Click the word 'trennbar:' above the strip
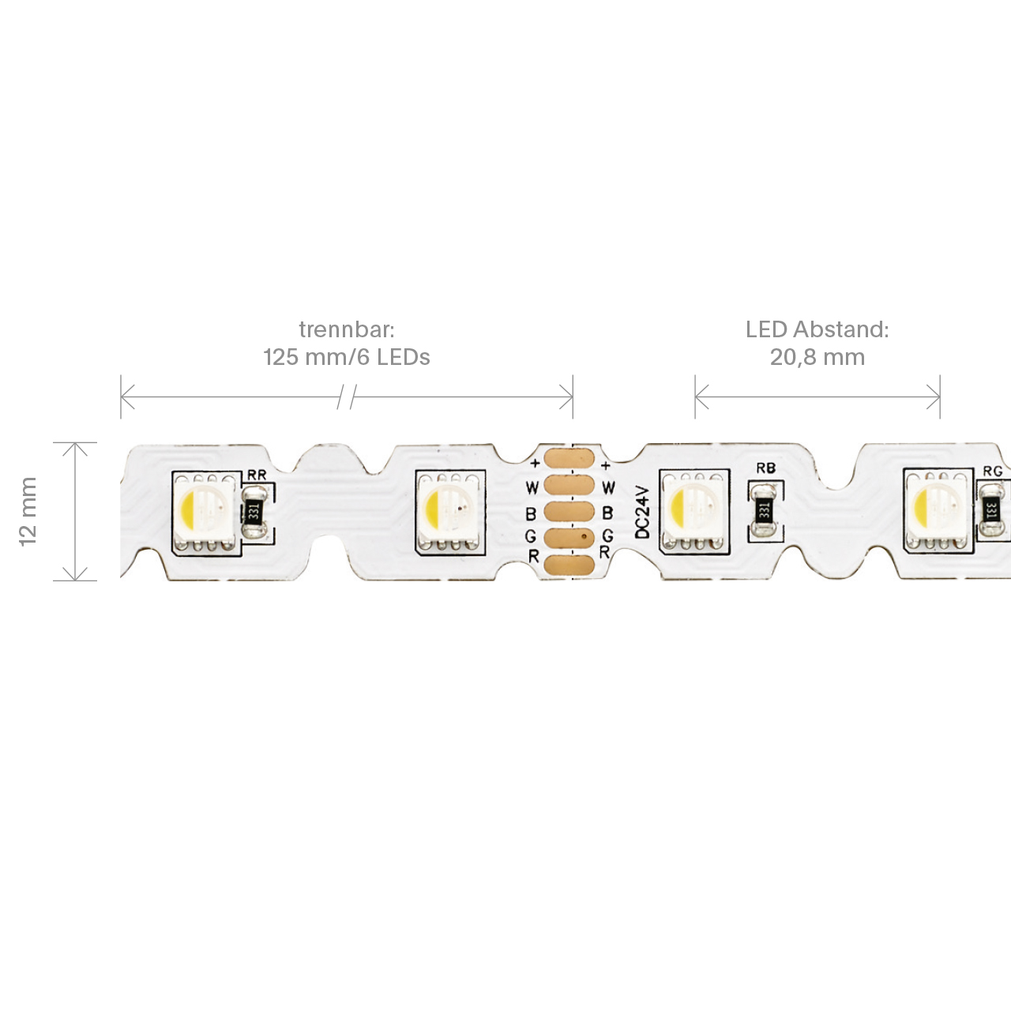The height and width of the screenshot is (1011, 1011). pos(346,330)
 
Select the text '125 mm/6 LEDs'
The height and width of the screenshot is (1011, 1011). pos(346,357)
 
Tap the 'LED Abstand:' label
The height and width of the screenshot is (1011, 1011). pos(817,329)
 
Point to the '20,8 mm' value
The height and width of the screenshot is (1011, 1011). pos(817,358)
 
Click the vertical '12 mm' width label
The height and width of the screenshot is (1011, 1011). pos(28,512)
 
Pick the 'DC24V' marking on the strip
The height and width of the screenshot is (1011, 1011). pos(643,512)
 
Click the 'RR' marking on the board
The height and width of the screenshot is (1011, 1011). pos(257,475)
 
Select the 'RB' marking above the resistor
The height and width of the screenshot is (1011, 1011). pos(765,468)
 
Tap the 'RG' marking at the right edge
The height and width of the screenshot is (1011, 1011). pos(993,471)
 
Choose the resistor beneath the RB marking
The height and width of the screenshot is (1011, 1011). pos(764,510)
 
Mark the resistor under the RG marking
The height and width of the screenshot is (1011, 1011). pos(992,509)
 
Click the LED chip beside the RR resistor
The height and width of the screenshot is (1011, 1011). pos(206,513)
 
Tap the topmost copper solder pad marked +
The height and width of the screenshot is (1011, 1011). pos(569,457)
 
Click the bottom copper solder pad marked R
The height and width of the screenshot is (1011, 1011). pos(569,566)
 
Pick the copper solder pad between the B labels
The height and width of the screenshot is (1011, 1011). pos(569,512)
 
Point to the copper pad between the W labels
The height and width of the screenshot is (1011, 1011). pos(569,485)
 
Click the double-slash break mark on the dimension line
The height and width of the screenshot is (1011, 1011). pos(347,397)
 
